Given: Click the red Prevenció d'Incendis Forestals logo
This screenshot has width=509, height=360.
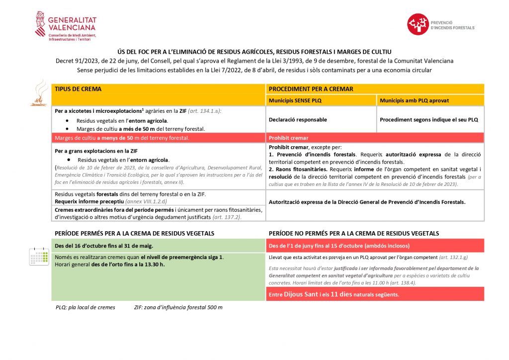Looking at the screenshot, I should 418,24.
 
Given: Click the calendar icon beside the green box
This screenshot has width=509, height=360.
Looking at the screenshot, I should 39,256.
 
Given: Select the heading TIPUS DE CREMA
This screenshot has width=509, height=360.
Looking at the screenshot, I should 78,89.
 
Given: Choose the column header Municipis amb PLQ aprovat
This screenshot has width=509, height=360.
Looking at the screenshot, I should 414,100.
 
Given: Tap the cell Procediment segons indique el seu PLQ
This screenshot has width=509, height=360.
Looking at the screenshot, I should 428,120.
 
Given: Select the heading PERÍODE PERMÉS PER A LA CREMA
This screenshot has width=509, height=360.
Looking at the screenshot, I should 134,233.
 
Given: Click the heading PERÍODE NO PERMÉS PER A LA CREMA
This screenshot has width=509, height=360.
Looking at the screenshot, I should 353,233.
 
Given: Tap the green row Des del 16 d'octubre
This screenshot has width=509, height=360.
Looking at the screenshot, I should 104,246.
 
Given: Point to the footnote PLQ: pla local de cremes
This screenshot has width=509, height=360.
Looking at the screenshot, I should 85,307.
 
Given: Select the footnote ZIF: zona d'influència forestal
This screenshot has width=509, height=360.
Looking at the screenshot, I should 178,307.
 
